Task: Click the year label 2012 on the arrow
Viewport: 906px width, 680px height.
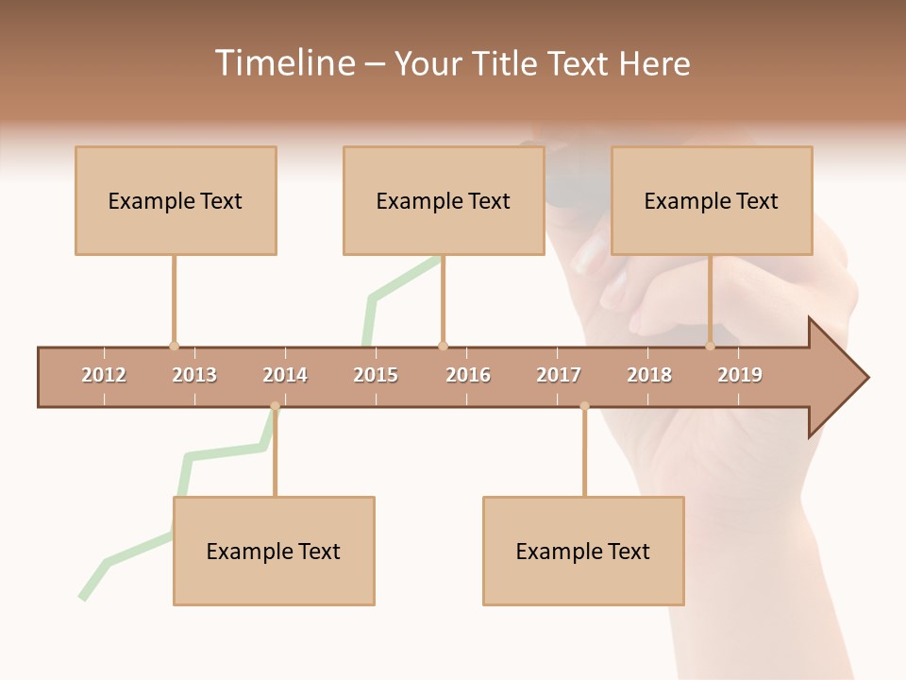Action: (104, 375)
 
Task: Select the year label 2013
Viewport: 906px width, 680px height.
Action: (194, 375)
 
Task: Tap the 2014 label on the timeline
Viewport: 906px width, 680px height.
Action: (285, 375)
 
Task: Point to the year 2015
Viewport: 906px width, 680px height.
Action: (376, 375)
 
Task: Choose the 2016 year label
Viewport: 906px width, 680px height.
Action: (468, 375)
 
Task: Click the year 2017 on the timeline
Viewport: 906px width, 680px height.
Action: (559, 375)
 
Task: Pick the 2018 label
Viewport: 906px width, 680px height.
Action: (649, 375)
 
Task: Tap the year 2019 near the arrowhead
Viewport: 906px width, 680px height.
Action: (740, 375)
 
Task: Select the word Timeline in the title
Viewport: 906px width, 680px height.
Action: (283, 63)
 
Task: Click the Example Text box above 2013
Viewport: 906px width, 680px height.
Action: (176, 200)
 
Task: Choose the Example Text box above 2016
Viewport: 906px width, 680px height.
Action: (444, 200)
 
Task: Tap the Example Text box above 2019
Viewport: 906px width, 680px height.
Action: (712, 200)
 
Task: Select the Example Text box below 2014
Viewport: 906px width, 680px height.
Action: (274, 551)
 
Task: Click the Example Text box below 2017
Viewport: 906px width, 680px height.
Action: (583, 551)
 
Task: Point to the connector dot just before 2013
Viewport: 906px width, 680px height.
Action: (174, 346)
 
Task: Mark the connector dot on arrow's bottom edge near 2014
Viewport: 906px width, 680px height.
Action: (275, 407)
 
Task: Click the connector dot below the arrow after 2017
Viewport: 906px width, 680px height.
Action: (584, 407)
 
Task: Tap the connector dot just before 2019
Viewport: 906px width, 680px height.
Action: (710, 346)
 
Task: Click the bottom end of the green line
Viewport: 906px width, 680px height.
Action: (83, 597)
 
